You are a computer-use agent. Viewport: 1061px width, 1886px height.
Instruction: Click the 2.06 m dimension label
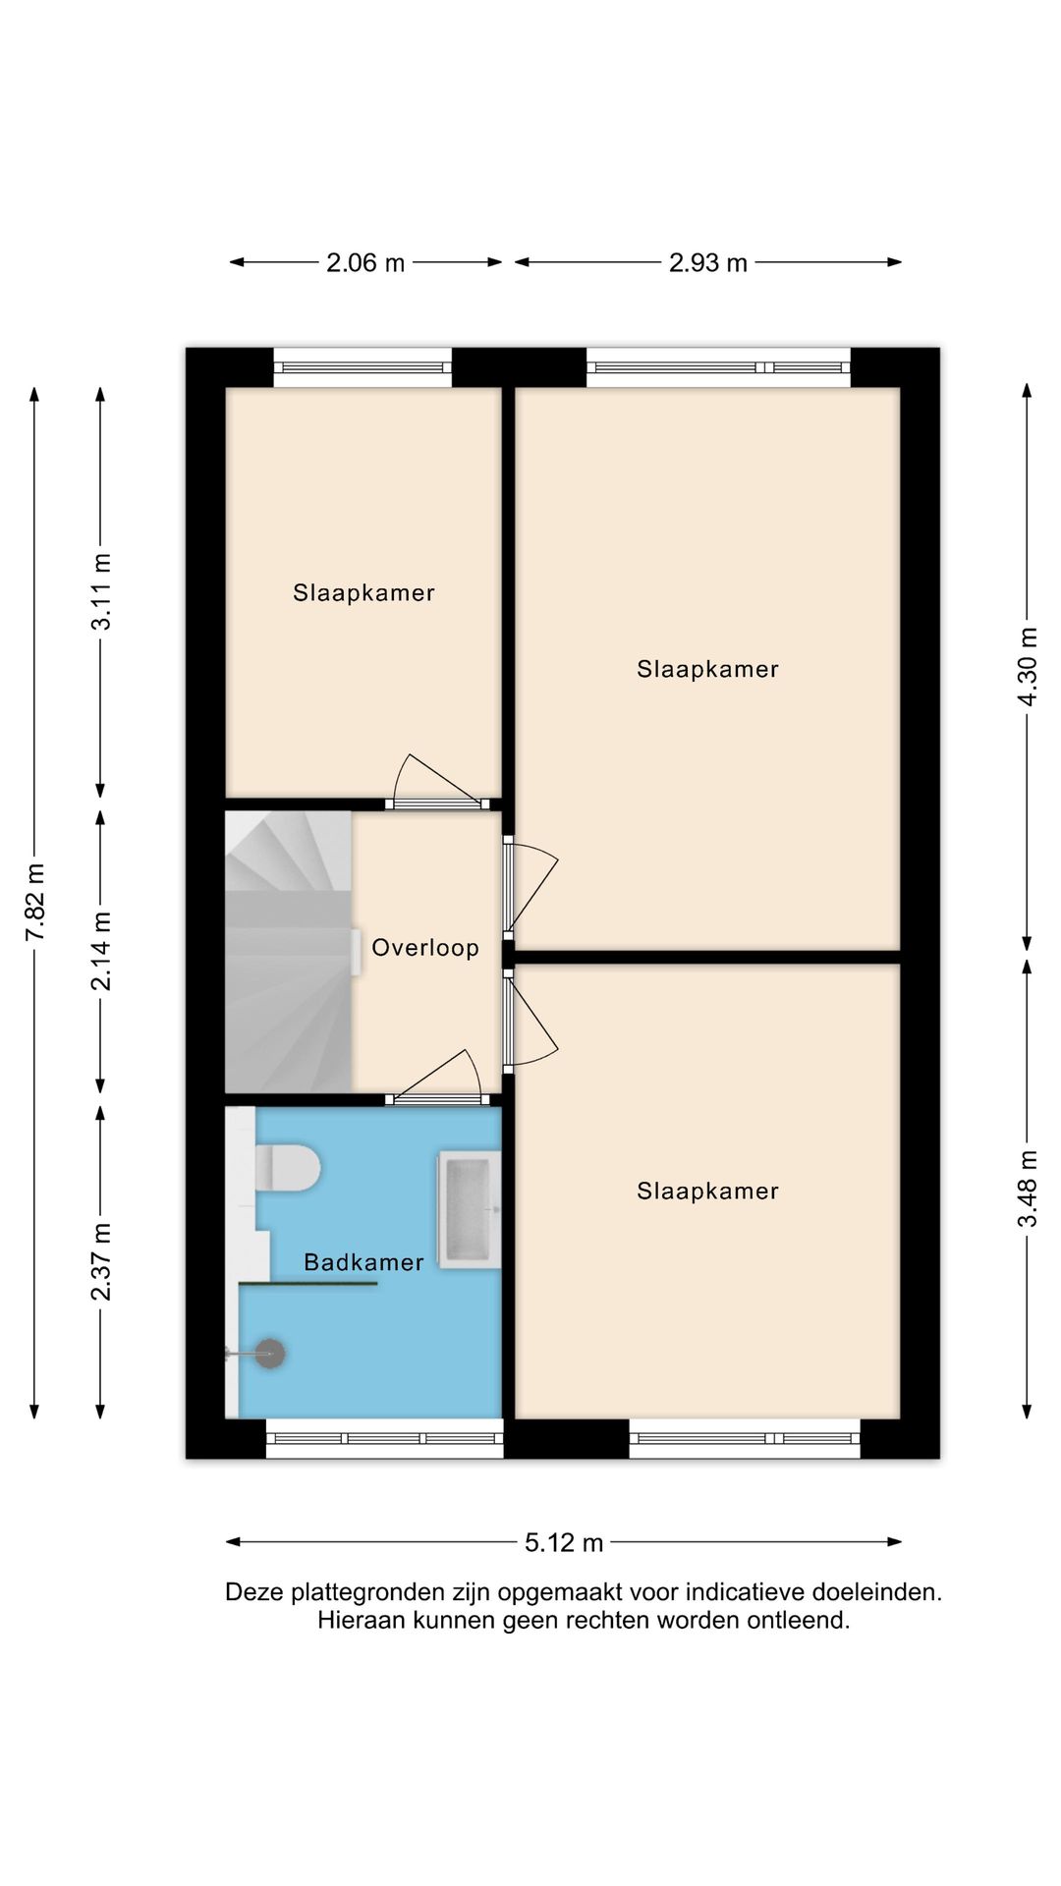point(365,262)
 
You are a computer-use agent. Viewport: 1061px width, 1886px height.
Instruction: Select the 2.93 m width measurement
point(708,262)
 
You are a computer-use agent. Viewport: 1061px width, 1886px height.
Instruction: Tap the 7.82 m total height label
point(35,902)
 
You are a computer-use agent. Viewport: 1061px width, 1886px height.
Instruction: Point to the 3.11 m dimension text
point(101,591)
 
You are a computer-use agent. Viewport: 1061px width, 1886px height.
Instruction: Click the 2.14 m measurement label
point(101,951)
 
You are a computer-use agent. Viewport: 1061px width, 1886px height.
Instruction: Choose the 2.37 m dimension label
point(101,1262)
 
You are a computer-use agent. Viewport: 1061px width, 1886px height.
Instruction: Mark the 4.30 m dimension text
point(1028,667)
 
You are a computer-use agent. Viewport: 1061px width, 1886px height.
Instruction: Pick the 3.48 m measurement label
point(1028,1189)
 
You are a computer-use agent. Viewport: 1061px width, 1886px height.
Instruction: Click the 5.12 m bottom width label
point(564,1542)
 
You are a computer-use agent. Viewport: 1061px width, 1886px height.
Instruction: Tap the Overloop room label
point(425,948)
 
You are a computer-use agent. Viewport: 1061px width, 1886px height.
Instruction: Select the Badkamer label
point(363,1262)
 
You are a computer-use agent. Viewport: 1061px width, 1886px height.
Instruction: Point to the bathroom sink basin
point(469,1209)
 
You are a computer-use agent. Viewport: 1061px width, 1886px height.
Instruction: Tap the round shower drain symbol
point(270,1354)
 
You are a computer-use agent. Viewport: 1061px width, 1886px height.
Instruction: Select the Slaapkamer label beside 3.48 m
point(707,1191)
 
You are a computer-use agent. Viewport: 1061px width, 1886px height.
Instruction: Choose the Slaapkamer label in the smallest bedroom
point(363,592)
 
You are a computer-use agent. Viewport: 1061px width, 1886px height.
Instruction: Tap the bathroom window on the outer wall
point(384,1438)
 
